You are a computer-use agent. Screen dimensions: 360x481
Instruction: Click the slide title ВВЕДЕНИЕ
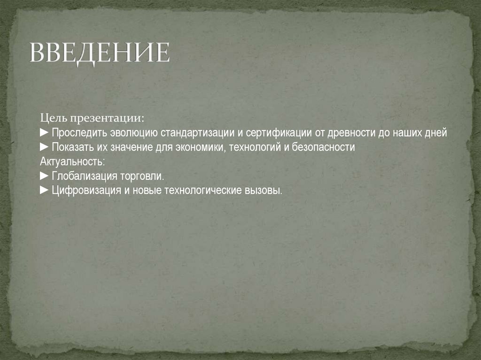pos(99,53)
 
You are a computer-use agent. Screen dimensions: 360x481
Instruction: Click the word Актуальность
pos(72,161)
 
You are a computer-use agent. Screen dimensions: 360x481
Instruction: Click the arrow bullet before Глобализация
pos(44,176)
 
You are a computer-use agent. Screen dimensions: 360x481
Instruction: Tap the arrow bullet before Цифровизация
pos(44,191)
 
